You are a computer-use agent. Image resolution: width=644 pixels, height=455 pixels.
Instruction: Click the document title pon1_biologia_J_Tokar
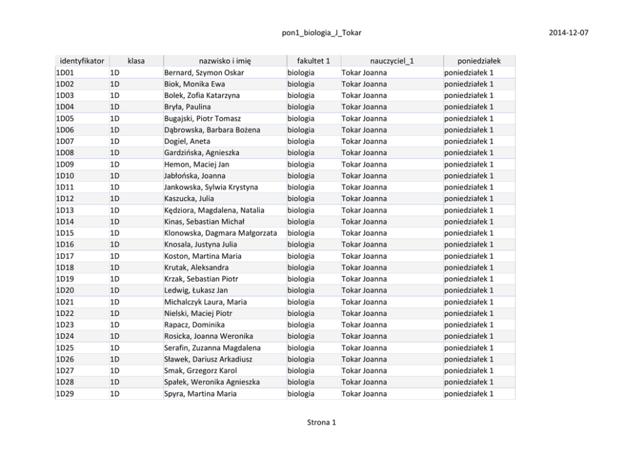(322, 32)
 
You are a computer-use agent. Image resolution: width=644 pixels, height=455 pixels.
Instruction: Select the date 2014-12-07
(569, 32)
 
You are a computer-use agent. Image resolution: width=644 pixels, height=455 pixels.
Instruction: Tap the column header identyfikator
(82, 61)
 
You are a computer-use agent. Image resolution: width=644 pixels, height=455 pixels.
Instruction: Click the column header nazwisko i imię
(225, 61)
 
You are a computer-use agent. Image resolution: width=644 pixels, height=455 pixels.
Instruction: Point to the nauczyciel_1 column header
(392, 61)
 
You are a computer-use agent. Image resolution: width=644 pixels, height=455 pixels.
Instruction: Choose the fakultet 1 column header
(314, 61)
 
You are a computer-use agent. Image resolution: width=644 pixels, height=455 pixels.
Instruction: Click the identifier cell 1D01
(65, 73)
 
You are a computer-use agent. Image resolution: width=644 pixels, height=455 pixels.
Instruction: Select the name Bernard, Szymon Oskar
(204, 73)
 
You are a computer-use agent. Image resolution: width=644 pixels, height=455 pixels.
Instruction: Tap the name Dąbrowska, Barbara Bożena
(212, 130)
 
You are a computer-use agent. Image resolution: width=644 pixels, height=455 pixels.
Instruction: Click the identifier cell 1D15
(65, 233)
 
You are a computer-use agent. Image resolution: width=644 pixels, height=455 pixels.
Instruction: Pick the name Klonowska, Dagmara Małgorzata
(221, 233)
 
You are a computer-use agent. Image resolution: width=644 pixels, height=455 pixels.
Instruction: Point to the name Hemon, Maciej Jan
(192, 164)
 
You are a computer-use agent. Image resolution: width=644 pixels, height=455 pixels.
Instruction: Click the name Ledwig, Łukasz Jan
(195, 290)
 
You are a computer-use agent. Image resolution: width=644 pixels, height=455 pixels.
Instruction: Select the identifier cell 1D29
(65, 393)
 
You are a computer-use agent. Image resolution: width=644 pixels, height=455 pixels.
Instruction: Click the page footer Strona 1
(321, 423)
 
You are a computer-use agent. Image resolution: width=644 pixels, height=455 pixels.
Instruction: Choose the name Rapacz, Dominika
(194, 325)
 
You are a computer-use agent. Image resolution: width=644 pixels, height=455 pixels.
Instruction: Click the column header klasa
(136, 61)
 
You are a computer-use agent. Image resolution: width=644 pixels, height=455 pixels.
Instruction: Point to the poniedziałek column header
(479, 61)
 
